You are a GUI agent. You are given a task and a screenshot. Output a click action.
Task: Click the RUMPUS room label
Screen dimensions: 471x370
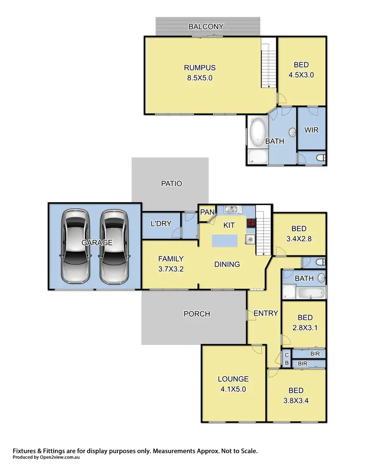[200, 68]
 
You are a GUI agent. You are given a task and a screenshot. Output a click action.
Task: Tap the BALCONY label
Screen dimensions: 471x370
[206, 27]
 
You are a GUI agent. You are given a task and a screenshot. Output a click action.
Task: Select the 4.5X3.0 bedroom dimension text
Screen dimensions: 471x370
[301, 75]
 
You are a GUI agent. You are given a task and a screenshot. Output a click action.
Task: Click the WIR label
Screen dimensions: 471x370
[311, 130]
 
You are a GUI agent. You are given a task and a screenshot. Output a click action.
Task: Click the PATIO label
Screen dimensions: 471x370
[172, 183]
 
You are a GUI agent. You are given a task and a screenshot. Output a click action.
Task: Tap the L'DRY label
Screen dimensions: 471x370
[161, 223]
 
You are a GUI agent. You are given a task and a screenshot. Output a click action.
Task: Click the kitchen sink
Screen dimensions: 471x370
[231, 210]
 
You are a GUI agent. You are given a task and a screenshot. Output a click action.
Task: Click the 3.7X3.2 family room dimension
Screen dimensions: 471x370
[171, 269]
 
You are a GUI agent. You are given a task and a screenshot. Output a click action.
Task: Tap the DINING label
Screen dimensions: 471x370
[227, 264]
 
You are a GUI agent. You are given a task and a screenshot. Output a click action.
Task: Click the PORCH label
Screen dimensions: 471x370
[196, 314]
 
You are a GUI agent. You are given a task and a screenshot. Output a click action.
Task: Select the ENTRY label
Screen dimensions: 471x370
[266, 313]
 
